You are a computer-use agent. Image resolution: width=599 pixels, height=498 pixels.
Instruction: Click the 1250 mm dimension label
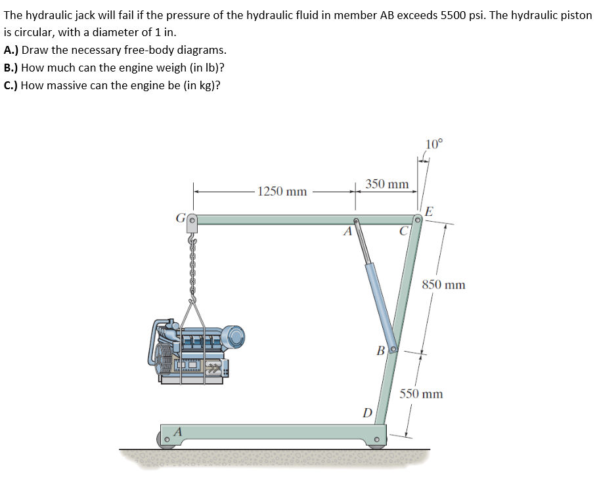pos(282,192)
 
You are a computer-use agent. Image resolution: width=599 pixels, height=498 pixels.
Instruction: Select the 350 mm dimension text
pos(387,184)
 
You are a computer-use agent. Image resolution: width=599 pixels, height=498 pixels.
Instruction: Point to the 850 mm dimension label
pos(443,285)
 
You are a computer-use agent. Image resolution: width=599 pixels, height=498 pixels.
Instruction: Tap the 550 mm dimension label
pos(421,394)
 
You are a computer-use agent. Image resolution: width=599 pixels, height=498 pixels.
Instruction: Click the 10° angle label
pos(434,145)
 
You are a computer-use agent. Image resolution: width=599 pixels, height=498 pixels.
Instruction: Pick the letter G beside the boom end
pos(179,219)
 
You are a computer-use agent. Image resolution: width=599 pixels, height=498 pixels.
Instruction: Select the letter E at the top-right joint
pos(429,211)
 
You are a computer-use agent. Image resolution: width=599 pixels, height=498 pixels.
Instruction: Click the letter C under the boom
pos(405,231)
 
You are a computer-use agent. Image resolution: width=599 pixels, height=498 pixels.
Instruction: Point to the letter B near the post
pos(380,350)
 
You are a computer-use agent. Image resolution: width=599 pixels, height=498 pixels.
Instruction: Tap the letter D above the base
pos(368,413)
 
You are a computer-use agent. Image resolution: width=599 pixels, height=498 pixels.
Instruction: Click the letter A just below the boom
pos(349,231)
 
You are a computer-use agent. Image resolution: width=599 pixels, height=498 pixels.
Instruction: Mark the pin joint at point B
pos(393,349)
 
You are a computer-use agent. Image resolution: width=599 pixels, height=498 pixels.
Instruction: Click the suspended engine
pos(197,348)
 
